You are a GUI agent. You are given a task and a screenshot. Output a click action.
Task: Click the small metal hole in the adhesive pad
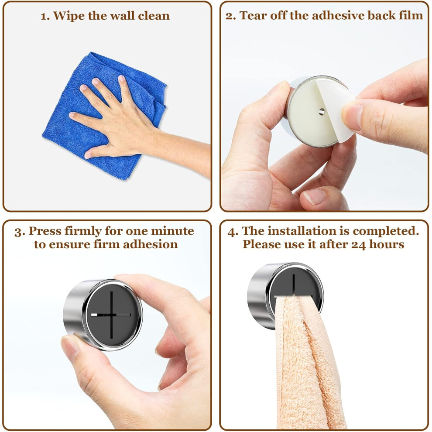(x=322, y=111)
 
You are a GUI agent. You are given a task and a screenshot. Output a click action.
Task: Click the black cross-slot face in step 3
(x=112, y=315)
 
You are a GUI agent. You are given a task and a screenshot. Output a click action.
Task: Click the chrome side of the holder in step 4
(x=257, y=296)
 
